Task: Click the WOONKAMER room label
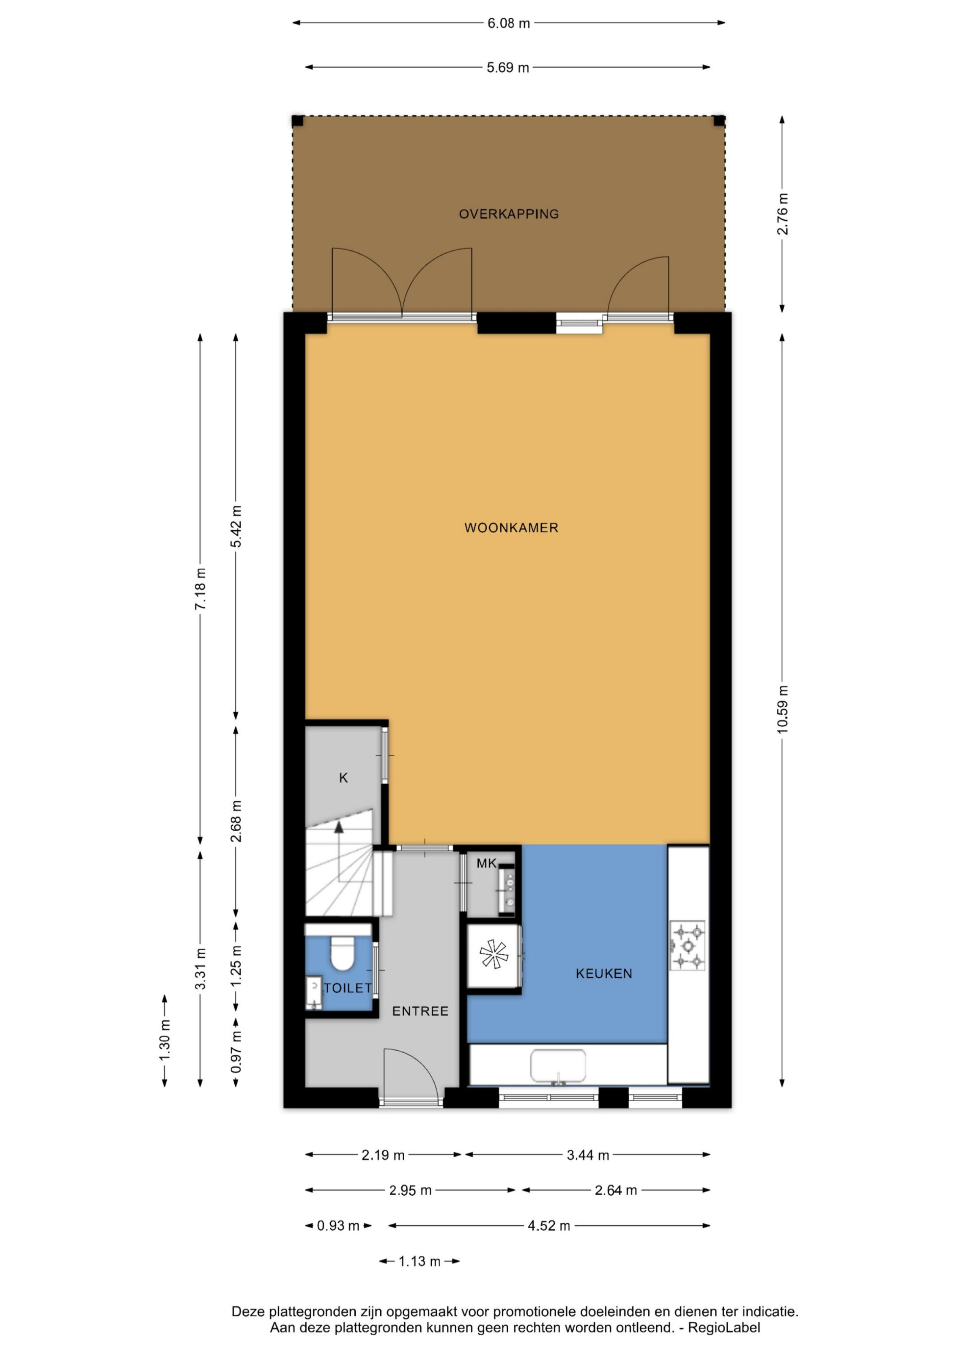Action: click(x=511, y=528)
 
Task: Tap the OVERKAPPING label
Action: click(x=509, y=214)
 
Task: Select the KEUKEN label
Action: click(x=604, y=974)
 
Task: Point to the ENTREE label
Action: click(x=420, y=1011)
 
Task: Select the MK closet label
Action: click(x=487, y=864)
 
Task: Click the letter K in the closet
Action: click(x=343, y=778)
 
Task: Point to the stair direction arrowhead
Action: click(x=339, y=827)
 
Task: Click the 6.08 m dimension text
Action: click(x=509, y=24)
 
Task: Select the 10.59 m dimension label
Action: click(x=782, y=709)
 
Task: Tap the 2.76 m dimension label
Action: click(x=782, y=214)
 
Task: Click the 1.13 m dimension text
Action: click(x=420, y=1262)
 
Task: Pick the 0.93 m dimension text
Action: click(x=338, y=1226)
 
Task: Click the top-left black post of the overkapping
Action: click(x=298, y=121)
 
